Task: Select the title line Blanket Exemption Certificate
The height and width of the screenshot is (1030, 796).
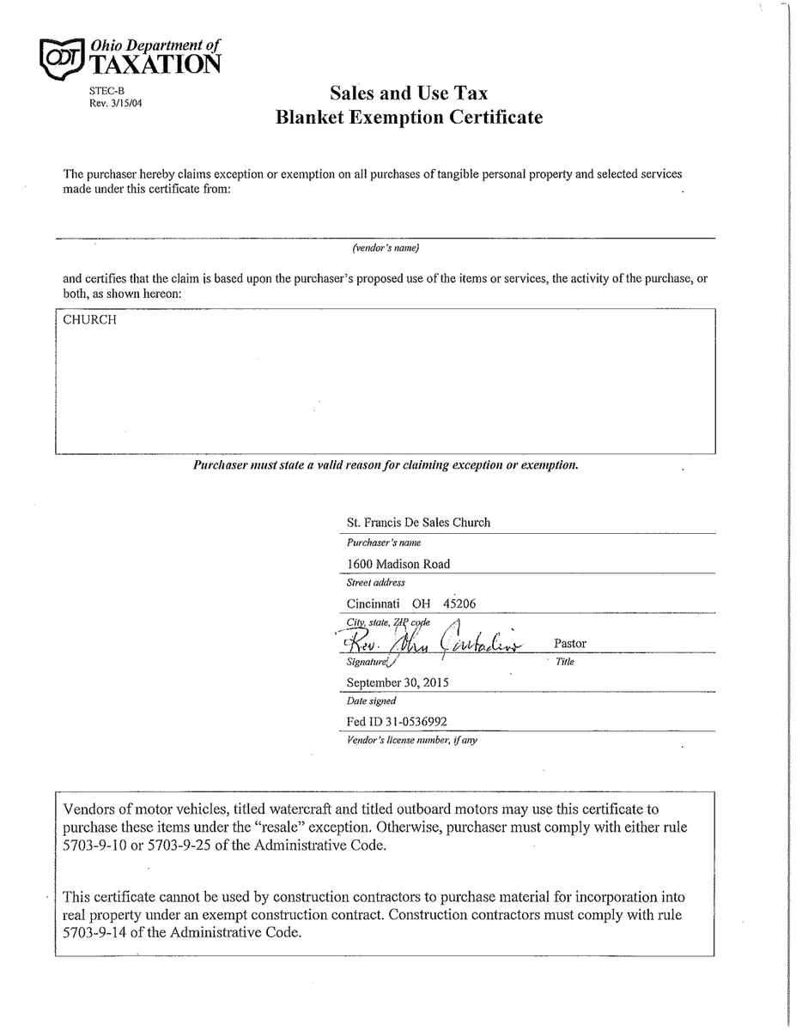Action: point(409,118)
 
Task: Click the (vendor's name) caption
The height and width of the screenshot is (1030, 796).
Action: point(386,248)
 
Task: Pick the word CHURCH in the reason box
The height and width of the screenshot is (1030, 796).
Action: point(90,320)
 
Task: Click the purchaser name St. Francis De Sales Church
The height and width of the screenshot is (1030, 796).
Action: point(418,522)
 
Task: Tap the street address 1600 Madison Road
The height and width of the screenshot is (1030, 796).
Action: point(398,564)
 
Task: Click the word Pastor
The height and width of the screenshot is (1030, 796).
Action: point(571,643)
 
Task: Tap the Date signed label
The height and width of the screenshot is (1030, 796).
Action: point(372,701)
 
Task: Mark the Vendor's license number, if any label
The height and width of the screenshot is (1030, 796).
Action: point(411,740)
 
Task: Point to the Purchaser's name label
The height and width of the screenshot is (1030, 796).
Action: point(384,542)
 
